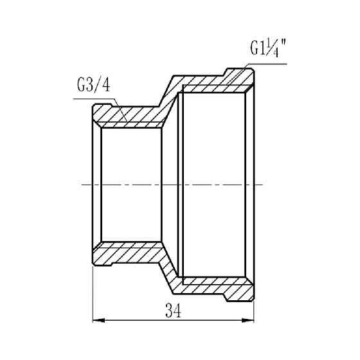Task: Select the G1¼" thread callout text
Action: point(270,49)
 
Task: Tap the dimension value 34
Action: point(173,311)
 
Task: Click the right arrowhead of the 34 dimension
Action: point(253,321)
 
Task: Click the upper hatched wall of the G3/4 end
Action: point(129,117)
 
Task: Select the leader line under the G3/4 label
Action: point(90,98)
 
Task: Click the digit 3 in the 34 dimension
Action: point(168,311)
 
